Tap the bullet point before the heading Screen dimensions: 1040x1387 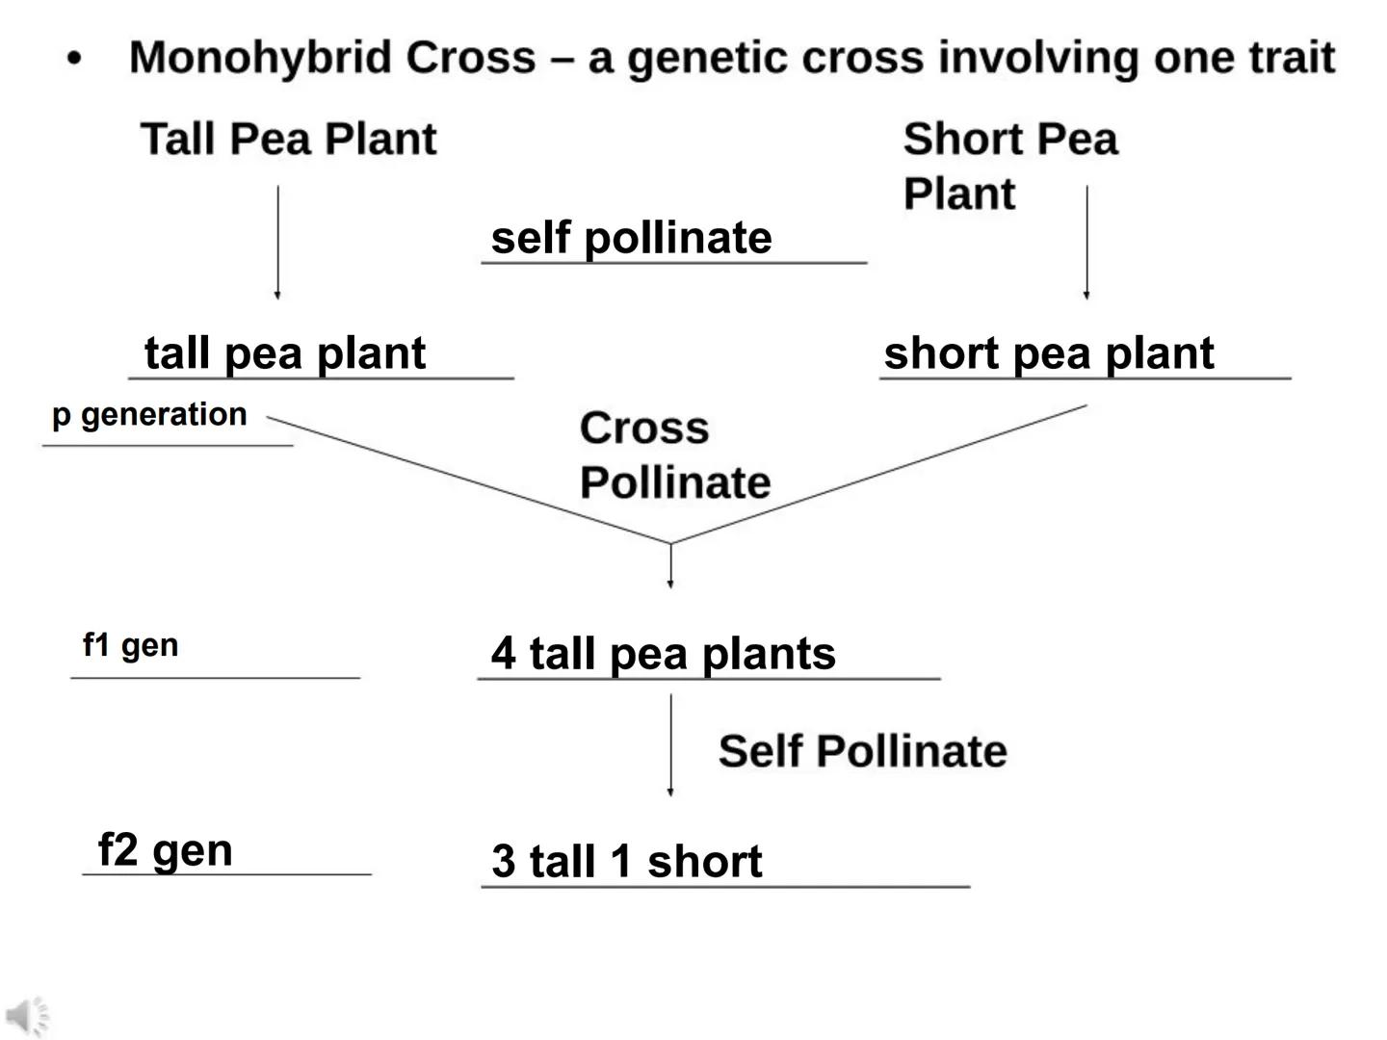75,60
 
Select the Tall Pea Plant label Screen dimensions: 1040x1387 288,139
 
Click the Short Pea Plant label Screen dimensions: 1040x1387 1009,165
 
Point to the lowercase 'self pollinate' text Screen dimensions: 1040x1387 631,238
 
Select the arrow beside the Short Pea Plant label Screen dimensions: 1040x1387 1086,243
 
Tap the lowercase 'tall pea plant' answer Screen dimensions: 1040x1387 284,352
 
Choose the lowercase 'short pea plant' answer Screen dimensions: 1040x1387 1048,353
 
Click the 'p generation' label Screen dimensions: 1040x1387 150,415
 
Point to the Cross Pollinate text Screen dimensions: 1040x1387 674,455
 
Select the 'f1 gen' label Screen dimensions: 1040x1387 131,645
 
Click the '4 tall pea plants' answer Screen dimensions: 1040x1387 663,654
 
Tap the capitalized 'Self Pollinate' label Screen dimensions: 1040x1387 862,751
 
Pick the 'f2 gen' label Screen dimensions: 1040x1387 166,850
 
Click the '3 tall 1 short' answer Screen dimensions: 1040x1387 626,861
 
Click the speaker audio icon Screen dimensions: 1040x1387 27,1017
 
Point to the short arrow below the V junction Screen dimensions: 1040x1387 670,566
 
